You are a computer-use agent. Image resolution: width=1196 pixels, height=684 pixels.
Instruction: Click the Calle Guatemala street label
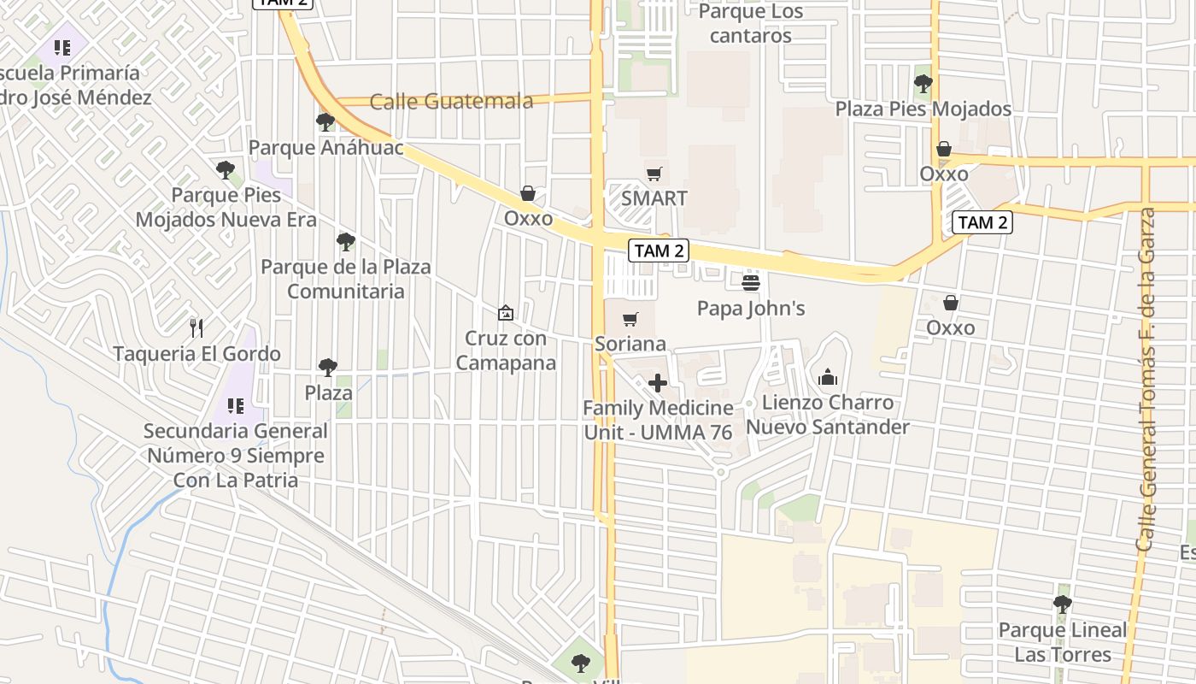tap(451, 101)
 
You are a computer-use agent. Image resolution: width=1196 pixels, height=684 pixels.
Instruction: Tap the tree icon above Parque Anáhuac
tap(325, 122)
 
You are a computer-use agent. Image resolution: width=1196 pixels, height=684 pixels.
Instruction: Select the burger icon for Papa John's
tap(751, 281)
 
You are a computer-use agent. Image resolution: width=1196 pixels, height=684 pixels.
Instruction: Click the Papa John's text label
tap(751, 308)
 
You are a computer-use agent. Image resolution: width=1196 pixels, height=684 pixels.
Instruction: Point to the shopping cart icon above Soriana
tap(630, 319)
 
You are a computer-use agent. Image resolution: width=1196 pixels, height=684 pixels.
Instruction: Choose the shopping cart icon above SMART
tap(654, 174)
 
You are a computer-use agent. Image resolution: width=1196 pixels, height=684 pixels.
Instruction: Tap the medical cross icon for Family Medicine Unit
tap(658, 382)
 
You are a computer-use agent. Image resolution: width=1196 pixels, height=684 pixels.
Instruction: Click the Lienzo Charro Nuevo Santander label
tap(828, 415)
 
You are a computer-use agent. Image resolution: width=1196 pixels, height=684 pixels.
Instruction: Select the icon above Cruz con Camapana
tap(506, 313)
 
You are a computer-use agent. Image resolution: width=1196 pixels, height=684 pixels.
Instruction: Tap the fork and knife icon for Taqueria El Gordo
tap(196, 327)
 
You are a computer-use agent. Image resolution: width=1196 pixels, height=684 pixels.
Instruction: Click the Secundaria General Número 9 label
tap(236, 455)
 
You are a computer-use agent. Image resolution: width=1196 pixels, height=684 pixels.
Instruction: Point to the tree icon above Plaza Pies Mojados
tap(923, 84)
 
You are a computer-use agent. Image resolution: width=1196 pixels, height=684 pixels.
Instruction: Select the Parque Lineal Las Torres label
tap(1063, 642)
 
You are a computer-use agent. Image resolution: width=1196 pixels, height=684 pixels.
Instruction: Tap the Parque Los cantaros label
tap(751, 24)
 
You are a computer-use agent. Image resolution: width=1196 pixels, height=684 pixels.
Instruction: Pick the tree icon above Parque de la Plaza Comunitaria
tap(345, 242)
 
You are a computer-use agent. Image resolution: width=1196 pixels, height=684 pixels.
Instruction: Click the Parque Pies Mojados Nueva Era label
tap(226, 207)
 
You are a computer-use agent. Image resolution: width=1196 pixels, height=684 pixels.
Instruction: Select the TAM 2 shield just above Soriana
tap(658, 251)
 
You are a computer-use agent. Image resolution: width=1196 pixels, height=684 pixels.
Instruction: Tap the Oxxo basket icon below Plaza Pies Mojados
tap(944, 150)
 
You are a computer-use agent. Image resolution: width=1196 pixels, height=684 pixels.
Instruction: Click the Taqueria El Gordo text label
tap(196, 353)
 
